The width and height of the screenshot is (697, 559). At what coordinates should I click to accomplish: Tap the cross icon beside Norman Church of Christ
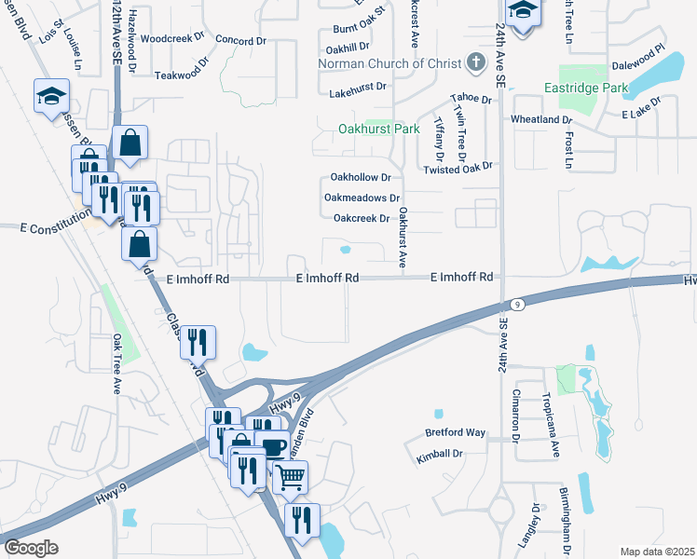pyautogui.click(x=476, y=63)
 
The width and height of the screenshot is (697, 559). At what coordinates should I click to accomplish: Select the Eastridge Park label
pyautogui.click(x=585, y=89)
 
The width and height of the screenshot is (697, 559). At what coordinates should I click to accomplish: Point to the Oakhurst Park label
pyautogui.click(x=378, y=129)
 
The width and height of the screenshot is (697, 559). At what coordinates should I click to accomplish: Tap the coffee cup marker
pyautogui.click(x=272, y=447)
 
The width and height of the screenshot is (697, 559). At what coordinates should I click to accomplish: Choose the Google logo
pyautogui.click(x=31, y=548)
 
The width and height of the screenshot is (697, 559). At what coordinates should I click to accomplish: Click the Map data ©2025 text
pyautogui.click(x=657, y=552)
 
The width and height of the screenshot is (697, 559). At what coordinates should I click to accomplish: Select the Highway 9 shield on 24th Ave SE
pyautogui.click(x=515, y=305)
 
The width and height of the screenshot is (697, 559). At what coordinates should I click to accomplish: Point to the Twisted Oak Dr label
pyautogui.click(x=457, y=168)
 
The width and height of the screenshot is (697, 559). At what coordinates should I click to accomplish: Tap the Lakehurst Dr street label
pyautogui.click(x=357, y=94)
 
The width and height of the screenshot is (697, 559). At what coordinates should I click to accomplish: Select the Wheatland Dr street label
pyautogui.click(x=540, y=120)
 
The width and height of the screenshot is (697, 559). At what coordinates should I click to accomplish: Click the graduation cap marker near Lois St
pyautogui.click(x=50, y=95)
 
